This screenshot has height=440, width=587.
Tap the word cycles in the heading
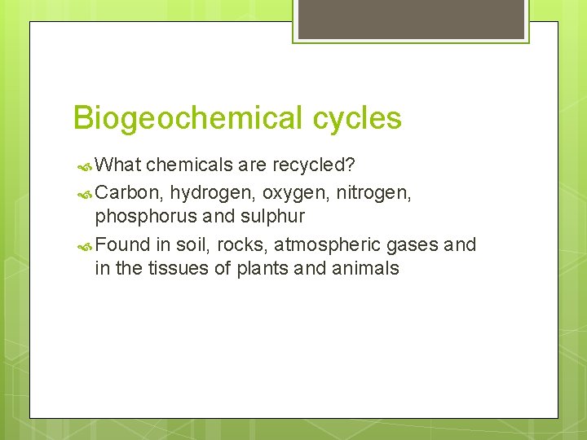point(356,119)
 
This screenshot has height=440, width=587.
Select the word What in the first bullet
point(118,165)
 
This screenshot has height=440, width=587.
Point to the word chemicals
point(189,165)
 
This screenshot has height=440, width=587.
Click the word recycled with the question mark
point(313,165)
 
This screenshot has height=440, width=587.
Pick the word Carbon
point(129,191)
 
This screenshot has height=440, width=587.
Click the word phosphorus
point(142,217)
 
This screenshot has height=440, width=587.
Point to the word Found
point(123,244)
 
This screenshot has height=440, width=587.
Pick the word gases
point(413,244)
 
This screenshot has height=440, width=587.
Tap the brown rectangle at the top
point(411,19)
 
